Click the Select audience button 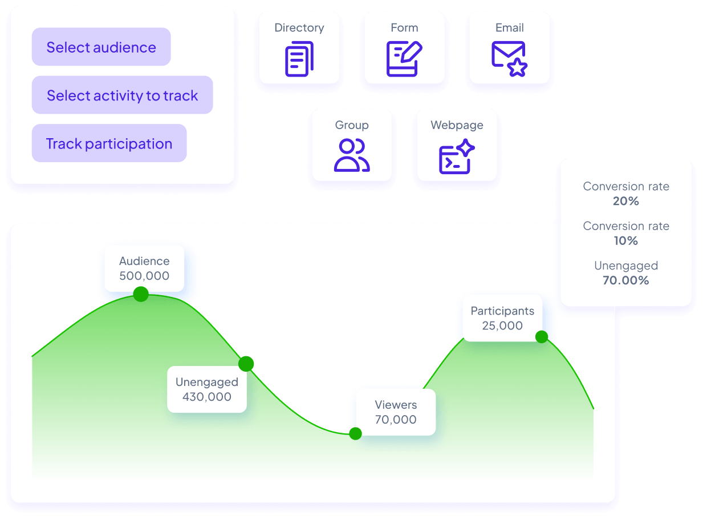[101, 47]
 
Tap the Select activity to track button [123, 95]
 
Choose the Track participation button [109, 143]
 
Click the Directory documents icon [299, 59]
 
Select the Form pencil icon [404, 59]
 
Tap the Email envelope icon [509, 59]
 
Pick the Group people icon [352, 155]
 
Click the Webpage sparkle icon [457, 156]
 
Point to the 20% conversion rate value [626, 201]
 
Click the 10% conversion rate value [626, 241]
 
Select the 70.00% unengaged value [626, 280]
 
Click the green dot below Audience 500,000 [141, 294]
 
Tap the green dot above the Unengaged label [246, 364]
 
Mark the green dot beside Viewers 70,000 [356, 434]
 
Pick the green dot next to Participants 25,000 [542, 337]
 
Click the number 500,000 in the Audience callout [144, 276]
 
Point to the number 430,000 [207, 397]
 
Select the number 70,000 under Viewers [396, 420]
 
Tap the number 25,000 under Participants [502, 325]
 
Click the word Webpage [457, 125]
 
